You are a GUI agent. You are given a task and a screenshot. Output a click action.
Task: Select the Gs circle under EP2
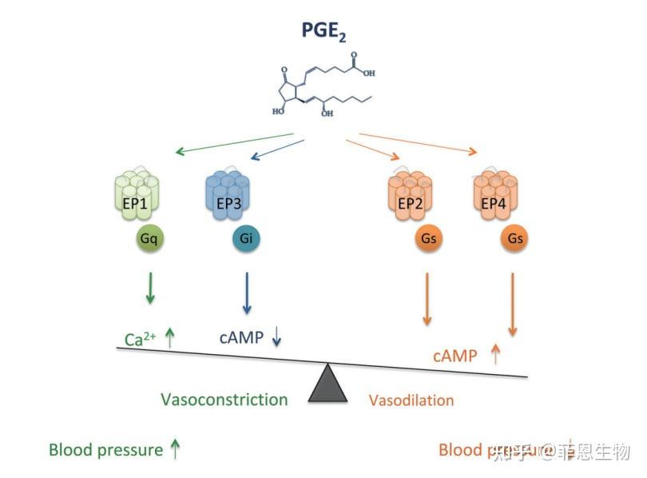click(x=427, y=238)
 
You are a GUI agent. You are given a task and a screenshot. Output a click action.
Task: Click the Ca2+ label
click(x=141, y=339)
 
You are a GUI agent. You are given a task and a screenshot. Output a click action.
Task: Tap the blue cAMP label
click(x=242, y=337)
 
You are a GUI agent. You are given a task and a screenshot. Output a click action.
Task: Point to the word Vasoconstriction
click(x=224, y=399)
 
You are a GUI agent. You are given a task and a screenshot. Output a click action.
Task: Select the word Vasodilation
click(x=411, y=400)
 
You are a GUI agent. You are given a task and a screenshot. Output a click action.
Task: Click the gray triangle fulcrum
click(x=328, y=384)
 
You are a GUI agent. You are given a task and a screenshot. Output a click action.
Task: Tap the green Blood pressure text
click(x=105, y=450)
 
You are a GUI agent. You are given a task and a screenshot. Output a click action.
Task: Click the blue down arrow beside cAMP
click(x=277, y=337)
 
